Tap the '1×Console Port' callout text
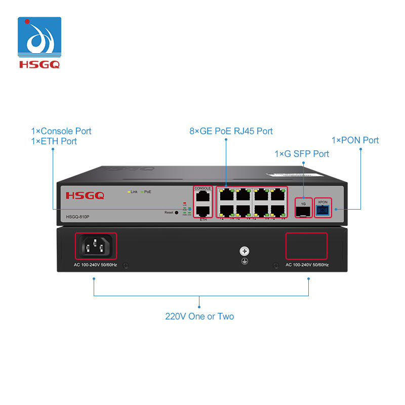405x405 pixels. click(61, 131)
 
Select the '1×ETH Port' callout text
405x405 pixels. click(54, 141)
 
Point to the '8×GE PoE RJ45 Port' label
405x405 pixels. click(231, 131)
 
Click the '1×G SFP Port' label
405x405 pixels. click(302, 153)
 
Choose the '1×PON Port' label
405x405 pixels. click(355, 140)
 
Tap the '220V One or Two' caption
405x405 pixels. click(199, 316)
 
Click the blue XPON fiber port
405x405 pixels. click(322, 209)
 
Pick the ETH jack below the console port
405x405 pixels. click(203, 212)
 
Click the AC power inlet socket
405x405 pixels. click(96, 247)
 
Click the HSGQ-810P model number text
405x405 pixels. click(78, 217)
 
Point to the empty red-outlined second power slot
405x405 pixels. click(306, 246)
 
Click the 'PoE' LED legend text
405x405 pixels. click(148, 192)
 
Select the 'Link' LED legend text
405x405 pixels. click(134, 192)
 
